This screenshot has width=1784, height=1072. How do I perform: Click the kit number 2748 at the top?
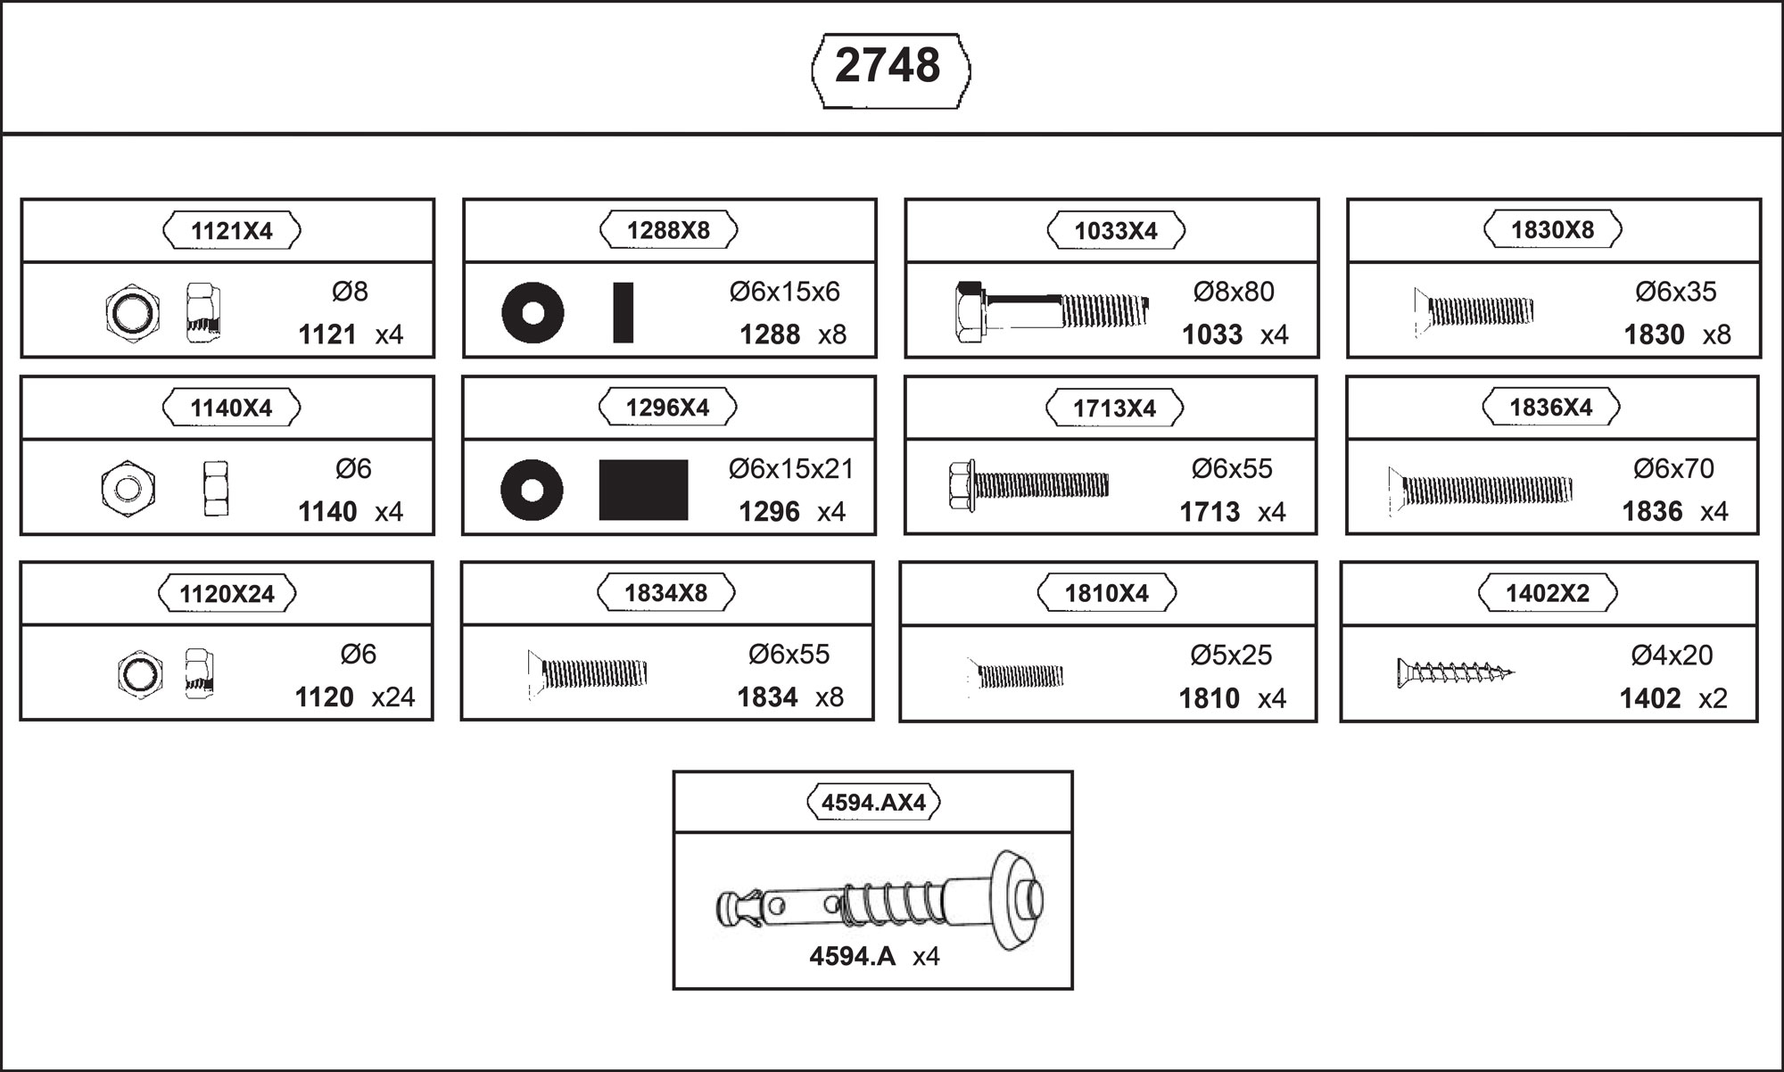[888, 66]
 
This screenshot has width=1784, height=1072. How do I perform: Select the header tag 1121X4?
[232, 231]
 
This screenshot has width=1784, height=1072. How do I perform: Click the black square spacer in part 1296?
[643, 490]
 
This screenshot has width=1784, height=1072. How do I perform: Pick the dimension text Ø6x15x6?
[785, 292]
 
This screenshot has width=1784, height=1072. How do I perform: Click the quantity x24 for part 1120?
[393, 697]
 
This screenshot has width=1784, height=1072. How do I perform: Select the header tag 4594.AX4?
[873, 803]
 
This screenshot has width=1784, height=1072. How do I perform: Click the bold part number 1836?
[1652, 512]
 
